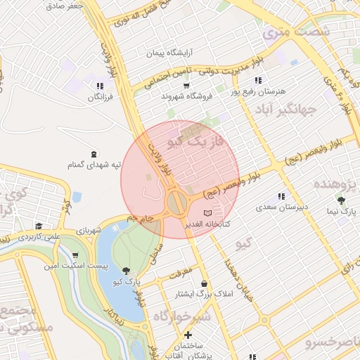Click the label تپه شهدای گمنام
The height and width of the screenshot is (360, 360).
tap(94, 165)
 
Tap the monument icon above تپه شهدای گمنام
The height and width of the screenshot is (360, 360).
tap(94, 153)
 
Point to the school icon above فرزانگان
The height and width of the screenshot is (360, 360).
tap(98, 86)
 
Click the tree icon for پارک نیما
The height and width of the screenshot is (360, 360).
tap(341, 200)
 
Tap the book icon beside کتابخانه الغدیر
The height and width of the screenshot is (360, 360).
tap(207, 212)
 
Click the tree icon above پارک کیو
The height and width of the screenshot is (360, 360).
tap(127, 270)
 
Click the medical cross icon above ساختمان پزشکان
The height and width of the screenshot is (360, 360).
tap(188, 335)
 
